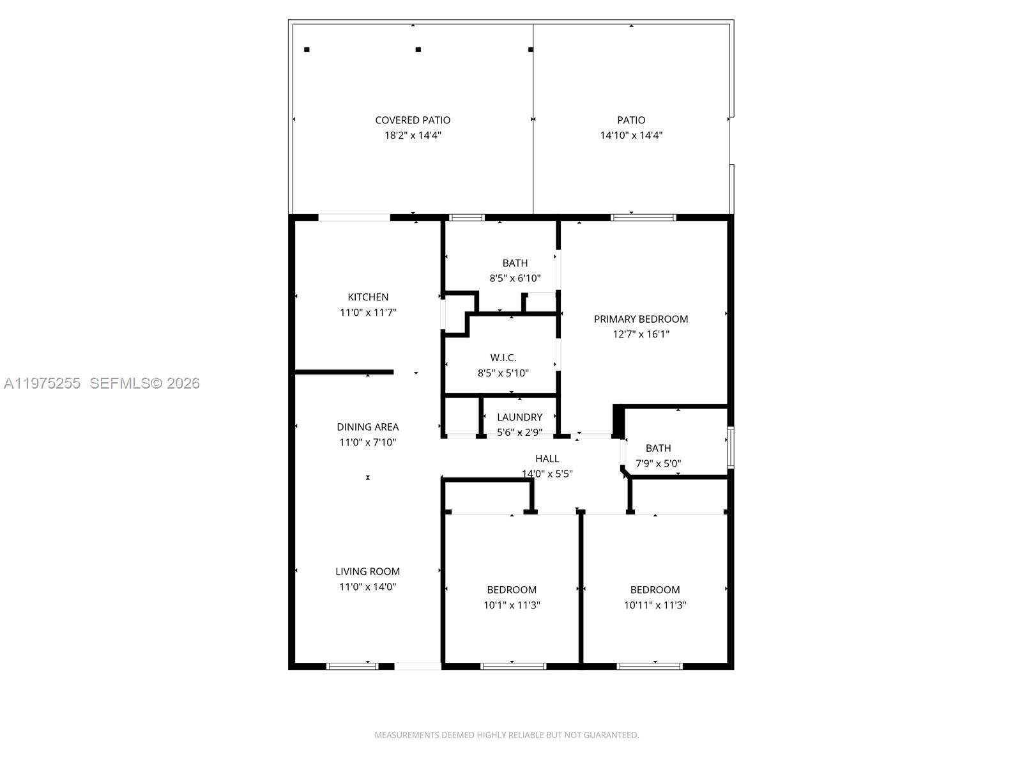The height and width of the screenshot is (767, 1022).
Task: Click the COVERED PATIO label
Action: (x=413, y=120)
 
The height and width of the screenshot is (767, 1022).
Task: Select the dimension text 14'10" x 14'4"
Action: (x=631, y=136)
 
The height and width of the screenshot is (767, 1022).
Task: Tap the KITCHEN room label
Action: (x=368, y=297)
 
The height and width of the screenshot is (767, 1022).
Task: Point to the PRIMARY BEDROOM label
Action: (x=641, y=319)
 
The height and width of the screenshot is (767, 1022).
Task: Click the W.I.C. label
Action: (x=503, y=358)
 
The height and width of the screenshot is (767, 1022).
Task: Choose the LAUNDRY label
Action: (x=519, y=417)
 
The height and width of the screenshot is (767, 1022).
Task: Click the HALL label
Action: (x=547, y=459)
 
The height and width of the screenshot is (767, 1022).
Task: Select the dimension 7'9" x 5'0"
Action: (x=658, y=464)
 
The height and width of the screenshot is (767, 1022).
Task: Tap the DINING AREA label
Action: (x=368, y=427)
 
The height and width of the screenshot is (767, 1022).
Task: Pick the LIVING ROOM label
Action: (x=368, y=571)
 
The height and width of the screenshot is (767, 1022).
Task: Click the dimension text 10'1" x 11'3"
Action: (x=512, y=605)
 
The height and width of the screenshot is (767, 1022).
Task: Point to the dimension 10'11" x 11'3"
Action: (x=655, y=605)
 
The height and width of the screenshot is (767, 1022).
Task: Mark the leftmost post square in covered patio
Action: (x=307, y=49)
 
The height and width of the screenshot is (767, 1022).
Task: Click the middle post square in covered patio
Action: (x=418, y=49)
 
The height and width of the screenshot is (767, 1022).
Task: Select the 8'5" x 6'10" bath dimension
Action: (x=515, y=278)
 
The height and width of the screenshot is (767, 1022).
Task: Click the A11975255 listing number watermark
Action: (x=42, y=383)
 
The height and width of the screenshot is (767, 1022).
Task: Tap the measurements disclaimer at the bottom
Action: (x=507, y=735)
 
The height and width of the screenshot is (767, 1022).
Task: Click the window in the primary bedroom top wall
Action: (x=643, y=217)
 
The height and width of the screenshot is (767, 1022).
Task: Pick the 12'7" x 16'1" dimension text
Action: (x=641, y=334)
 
